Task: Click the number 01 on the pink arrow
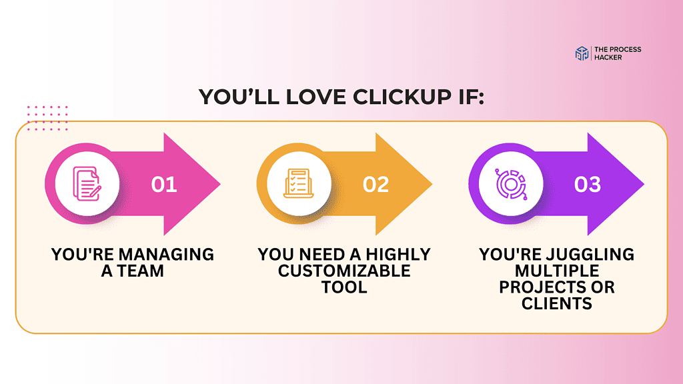pyautogui.click(x=164, y=184)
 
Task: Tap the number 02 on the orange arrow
pyautogui.click(x=376, y=184)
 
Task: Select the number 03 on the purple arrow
pyautogui.click(x=588, y=184)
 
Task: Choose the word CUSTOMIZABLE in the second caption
pyautogui.click(x=344, y=271)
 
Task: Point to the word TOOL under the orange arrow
pyautogui.click(x=344, y=287)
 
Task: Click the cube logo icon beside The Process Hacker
pyautogui.click(x=582, y=54)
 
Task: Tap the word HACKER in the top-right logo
pyautogui.click(x=609, y=58)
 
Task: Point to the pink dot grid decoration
pyautogui.click(x=47, y=118)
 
